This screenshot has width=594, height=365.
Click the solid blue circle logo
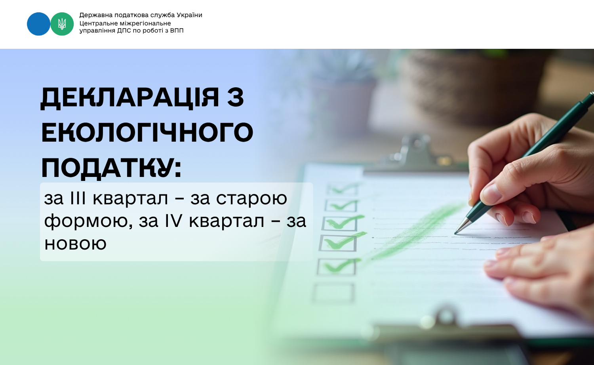pyautogui.click(x=38, y=24)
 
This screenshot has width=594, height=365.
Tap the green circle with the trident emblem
pyautogui.click(x=62, y=24)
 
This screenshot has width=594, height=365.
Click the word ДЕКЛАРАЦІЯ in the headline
pyautogui.click(x=130, y=98)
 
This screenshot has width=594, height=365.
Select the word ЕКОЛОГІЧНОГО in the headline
pyautogui.click(x=147, y=132)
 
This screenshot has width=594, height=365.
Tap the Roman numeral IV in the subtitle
pyautogui.click(x=174, y=221)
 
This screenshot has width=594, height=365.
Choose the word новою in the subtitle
pyautogui.click(x=75, y=243)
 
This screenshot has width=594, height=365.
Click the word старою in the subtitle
pyautogui.click(x=251, y=199)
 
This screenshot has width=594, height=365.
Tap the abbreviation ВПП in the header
pyautogui.click(x=177, y=31)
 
